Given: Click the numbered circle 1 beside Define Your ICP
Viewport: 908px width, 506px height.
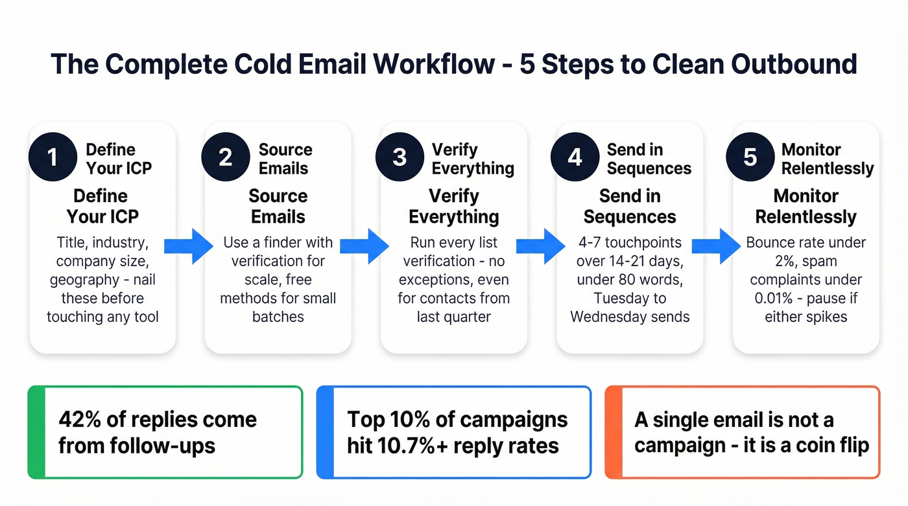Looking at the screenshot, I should [53, 157].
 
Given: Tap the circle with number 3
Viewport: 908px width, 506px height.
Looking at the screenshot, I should [400, 157].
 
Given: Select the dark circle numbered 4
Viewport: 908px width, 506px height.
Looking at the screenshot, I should [575, 157].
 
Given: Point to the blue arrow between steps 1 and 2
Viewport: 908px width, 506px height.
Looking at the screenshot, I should [188, 246].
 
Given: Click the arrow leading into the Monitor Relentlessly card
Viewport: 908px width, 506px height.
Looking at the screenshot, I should [717, 246].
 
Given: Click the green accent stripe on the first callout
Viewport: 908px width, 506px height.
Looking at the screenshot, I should [37, 432].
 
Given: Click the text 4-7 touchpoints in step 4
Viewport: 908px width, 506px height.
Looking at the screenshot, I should [630, 242].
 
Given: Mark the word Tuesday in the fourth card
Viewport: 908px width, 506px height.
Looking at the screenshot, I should [622, 299].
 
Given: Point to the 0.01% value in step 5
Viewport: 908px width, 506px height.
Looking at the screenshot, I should [769, 299].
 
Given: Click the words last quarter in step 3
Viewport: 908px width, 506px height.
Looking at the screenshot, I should [453, 317].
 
